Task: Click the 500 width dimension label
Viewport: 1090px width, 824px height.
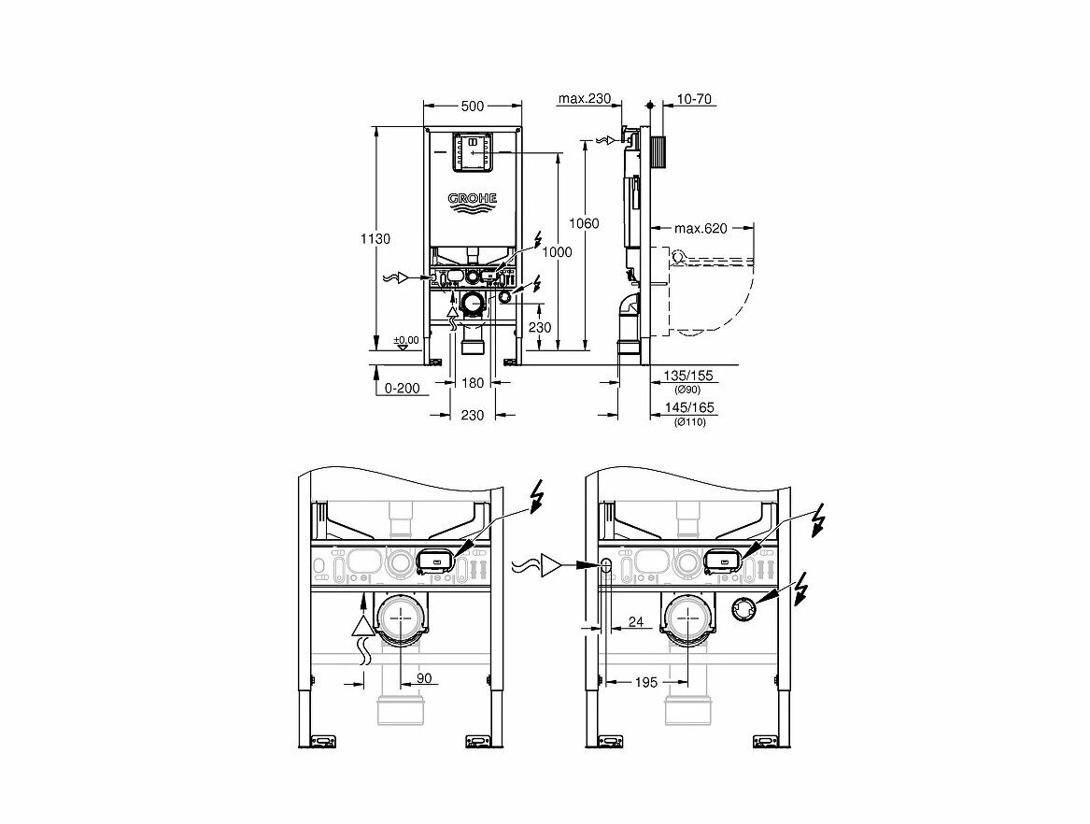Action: [x=472, y=106]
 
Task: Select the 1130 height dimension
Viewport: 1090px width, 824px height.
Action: [x=375, y=238]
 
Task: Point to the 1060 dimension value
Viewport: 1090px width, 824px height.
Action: [x=584, y=223]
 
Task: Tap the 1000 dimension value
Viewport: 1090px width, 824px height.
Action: [x=557, y=251]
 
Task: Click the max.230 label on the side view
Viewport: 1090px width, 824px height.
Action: [x=584, y=99]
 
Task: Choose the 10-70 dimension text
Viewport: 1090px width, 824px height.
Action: [x=694, y=99]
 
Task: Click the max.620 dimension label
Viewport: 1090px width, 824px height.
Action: [x=701, y=228]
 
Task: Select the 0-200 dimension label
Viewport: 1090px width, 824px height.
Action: [x=403, y=388]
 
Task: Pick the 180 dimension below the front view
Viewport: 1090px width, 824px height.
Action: [x=473, y=382]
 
